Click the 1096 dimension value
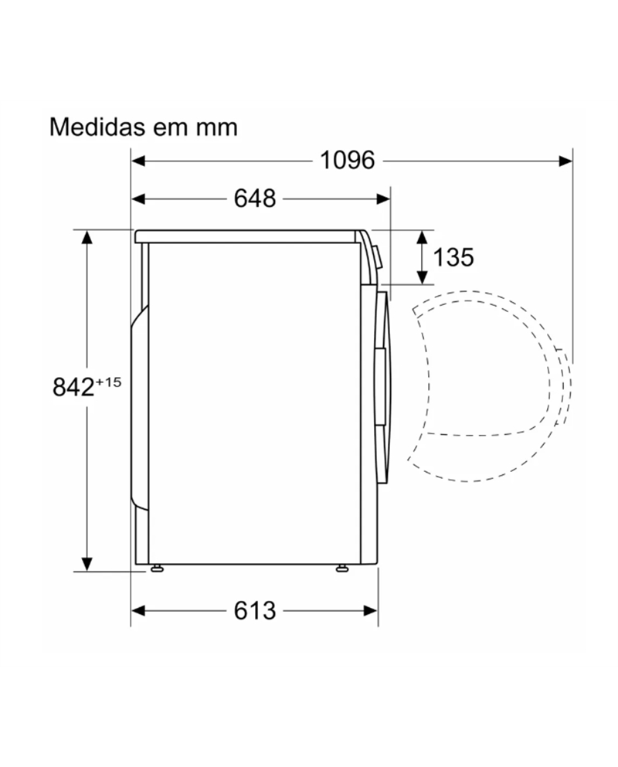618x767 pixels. tap(347, 160)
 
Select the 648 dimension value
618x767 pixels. tap(255, 199)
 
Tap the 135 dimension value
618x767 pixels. tap(453, 257)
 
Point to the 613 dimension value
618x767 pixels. tap(255, 610)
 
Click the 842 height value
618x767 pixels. tap(73, 386)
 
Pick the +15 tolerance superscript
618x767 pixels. tap(109, 380)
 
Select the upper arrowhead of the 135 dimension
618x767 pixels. tap(422, 236)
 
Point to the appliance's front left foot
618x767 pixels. tap(158, 569)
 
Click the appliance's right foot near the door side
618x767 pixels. tap(341, 569)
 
